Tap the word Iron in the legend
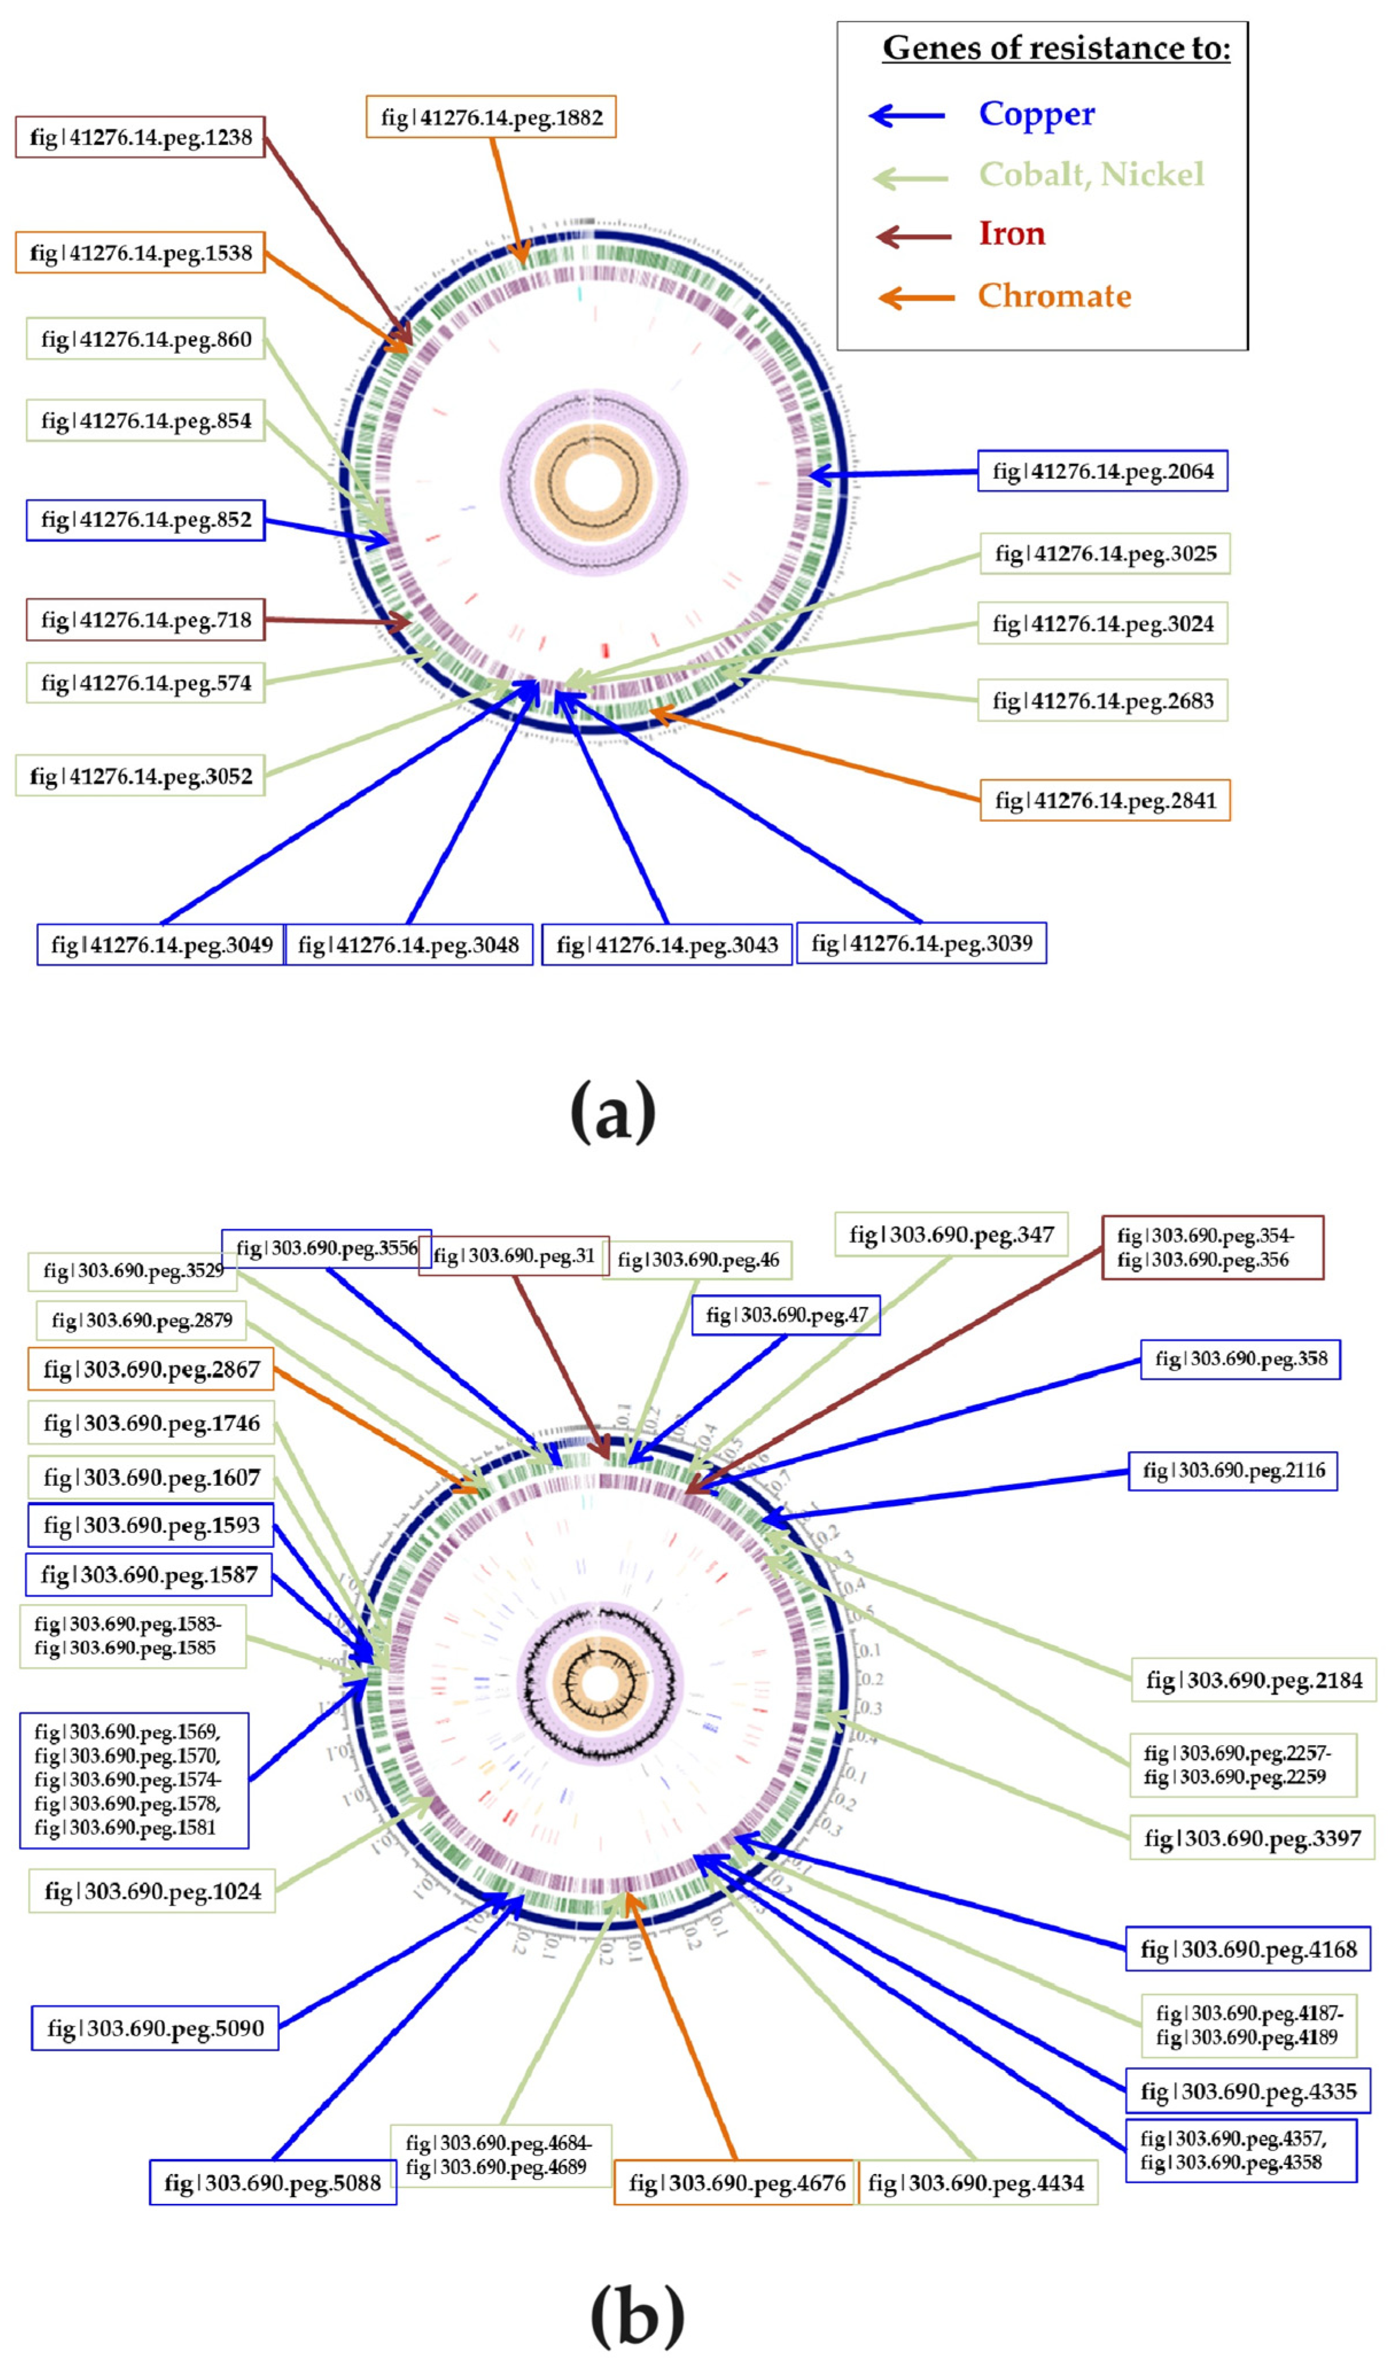point(1011,233)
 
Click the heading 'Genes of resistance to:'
point(1056,48)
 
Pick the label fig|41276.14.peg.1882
point(490,118)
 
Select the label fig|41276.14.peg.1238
point(141,137)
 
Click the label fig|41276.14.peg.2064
point(1103,472)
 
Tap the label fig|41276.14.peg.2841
point(1105,801)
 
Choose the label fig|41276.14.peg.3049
point(162,944)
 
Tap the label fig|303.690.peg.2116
point(1233,1471)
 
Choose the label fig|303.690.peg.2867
point(151,1369)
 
